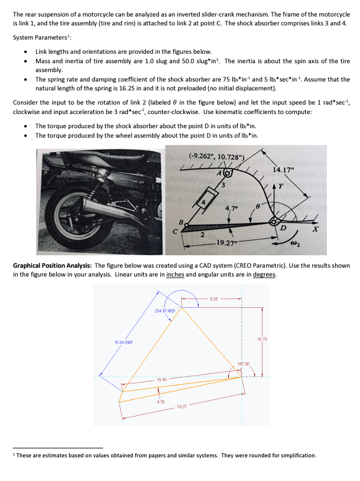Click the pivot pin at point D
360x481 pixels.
[274, 222]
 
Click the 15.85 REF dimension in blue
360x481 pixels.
[115, 342]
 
